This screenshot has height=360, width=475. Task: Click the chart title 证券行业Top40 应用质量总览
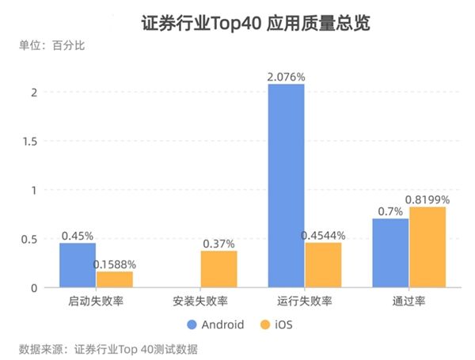pyautogui.click(x=237, y=22)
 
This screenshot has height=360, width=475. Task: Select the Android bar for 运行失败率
pyautogui.click(x=286, y=185)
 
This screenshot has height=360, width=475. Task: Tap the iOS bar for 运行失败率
pyautogui.click(x=323, y=265)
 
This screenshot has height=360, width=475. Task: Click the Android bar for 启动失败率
pyautogui.click(x=78, y=265)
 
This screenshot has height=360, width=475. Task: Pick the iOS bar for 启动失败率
pyautogui.click(x=115, y=279)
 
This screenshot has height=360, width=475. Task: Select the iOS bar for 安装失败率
pyautogui.click(x=218, y=269)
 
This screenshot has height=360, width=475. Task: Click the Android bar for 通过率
pyautogui.click(x=390, y=253)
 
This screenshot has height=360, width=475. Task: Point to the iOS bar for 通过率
pyautogui.click(x=427, y=247)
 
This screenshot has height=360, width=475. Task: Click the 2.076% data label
pyautogui.click(x=287, y=77)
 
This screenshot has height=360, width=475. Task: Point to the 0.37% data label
pyautogui.click(x=218, y=244)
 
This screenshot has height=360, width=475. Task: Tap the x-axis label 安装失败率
pyautogui.click(x=200, y=301)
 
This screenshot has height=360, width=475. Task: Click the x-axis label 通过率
pyautogui.click(x=408, y=301)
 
